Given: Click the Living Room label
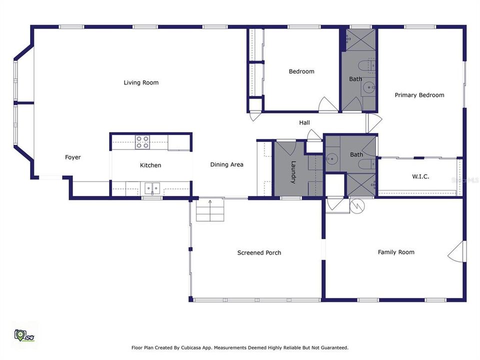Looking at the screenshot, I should pos(141,82).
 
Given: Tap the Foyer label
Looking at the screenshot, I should pos(73,157).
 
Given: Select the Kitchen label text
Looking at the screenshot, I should pos(150,165).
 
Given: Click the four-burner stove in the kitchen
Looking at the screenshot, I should pos(142,142).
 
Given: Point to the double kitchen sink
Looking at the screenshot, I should pos(152,188).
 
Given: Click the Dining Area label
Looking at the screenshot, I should pos(226,164).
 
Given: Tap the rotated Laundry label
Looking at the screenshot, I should pos(293,172).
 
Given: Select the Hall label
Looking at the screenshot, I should pos(304,122).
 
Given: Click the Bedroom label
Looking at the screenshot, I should pos(301,71).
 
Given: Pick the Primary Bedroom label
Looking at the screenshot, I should pos(419,95).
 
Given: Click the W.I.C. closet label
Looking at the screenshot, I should pos(420,176).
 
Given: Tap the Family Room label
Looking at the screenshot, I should pos(396,252).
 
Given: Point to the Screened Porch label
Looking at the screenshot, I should pos(259,253).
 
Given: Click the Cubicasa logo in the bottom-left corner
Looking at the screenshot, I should pos(23,334).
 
